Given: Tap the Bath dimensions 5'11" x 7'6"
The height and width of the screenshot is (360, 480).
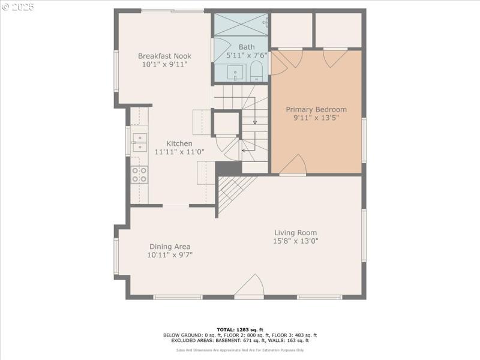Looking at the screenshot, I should pyautogui.click(x=246, y=55).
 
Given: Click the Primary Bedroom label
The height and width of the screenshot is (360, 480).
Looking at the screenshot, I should pyautogui.click(x=316, y=109).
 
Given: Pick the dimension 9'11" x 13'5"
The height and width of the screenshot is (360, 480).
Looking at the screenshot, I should pyautogui.click(x=316, y=118).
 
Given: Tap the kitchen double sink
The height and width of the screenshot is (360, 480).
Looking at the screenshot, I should pyautogui.click(x=139, y=142).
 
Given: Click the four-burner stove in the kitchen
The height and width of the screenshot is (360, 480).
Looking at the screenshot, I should pyautogui.click(x=139, y=174).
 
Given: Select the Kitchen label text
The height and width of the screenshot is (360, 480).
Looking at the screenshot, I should pyautogui.click(x=179, y=143).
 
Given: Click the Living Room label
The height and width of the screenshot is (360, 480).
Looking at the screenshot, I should pyautogui.click(x=296, y=233).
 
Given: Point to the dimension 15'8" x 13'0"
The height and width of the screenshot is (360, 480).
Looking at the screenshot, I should pyautogui.click(x=296, y=241).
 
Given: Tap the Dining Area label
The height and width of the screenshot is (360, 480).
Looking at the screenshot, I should pyautogui.click(x=170, y=247).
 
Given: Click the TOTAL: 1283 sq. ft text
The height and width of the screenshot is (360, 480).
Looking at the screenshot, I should pyautogui.click(x=240, y=329).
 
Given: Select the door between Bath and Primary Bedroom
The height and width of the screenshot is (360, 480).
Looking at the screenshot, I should pyautogui.click(x=278, y=64).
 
